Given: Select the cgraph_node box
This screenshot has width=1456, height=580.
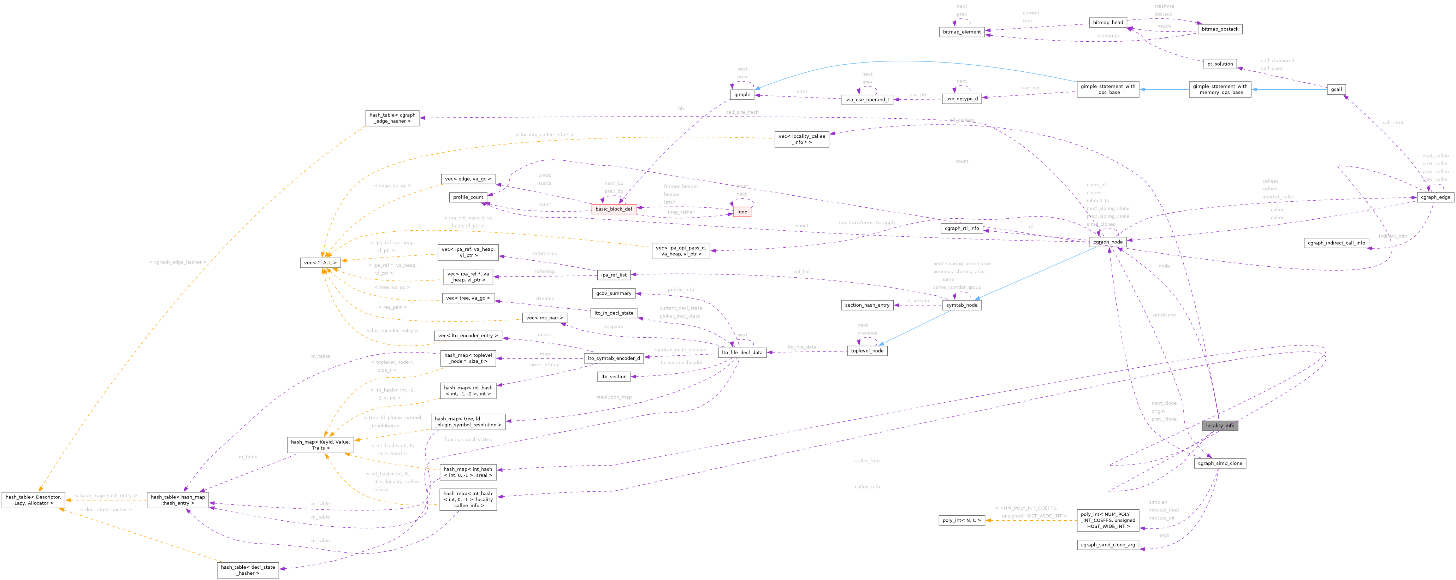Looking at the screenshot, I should [x=1108, y=242].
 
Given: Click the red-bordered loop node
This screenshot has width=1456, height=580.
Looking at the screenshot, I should [x=741, y=212].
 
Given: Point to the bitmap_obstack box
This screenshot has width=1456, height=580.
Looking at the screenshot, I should [x=1220, y=29].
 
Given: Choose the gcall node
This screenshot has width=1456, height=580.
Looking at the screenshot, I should [x=1336, y=89].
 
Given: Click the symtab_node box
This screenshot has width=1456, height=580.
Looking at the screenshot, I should [x=961, y=305].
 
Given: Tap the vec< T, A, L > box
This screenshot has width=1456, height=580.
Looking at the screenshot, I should [x=320, y=263].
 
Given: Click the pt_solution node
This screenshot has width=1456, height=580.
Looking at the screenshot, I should [x=1220, y=64].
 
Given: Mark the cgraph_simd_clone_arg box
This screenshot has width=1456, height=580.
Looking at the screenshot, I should [x=1107, y=545].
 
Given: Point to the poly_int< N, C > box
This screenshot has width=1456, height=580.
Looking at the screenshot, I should [x=961, y=520].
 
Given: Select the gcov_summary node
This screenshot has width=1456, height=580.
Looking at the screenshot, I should [x=613, y=294].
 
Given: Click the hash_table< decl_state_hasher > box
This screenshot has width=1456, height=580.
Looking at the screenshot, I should [x=248, y=570].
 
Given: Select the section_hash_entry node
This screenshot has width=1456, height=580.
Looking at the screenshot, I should [x=867, y=305].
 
